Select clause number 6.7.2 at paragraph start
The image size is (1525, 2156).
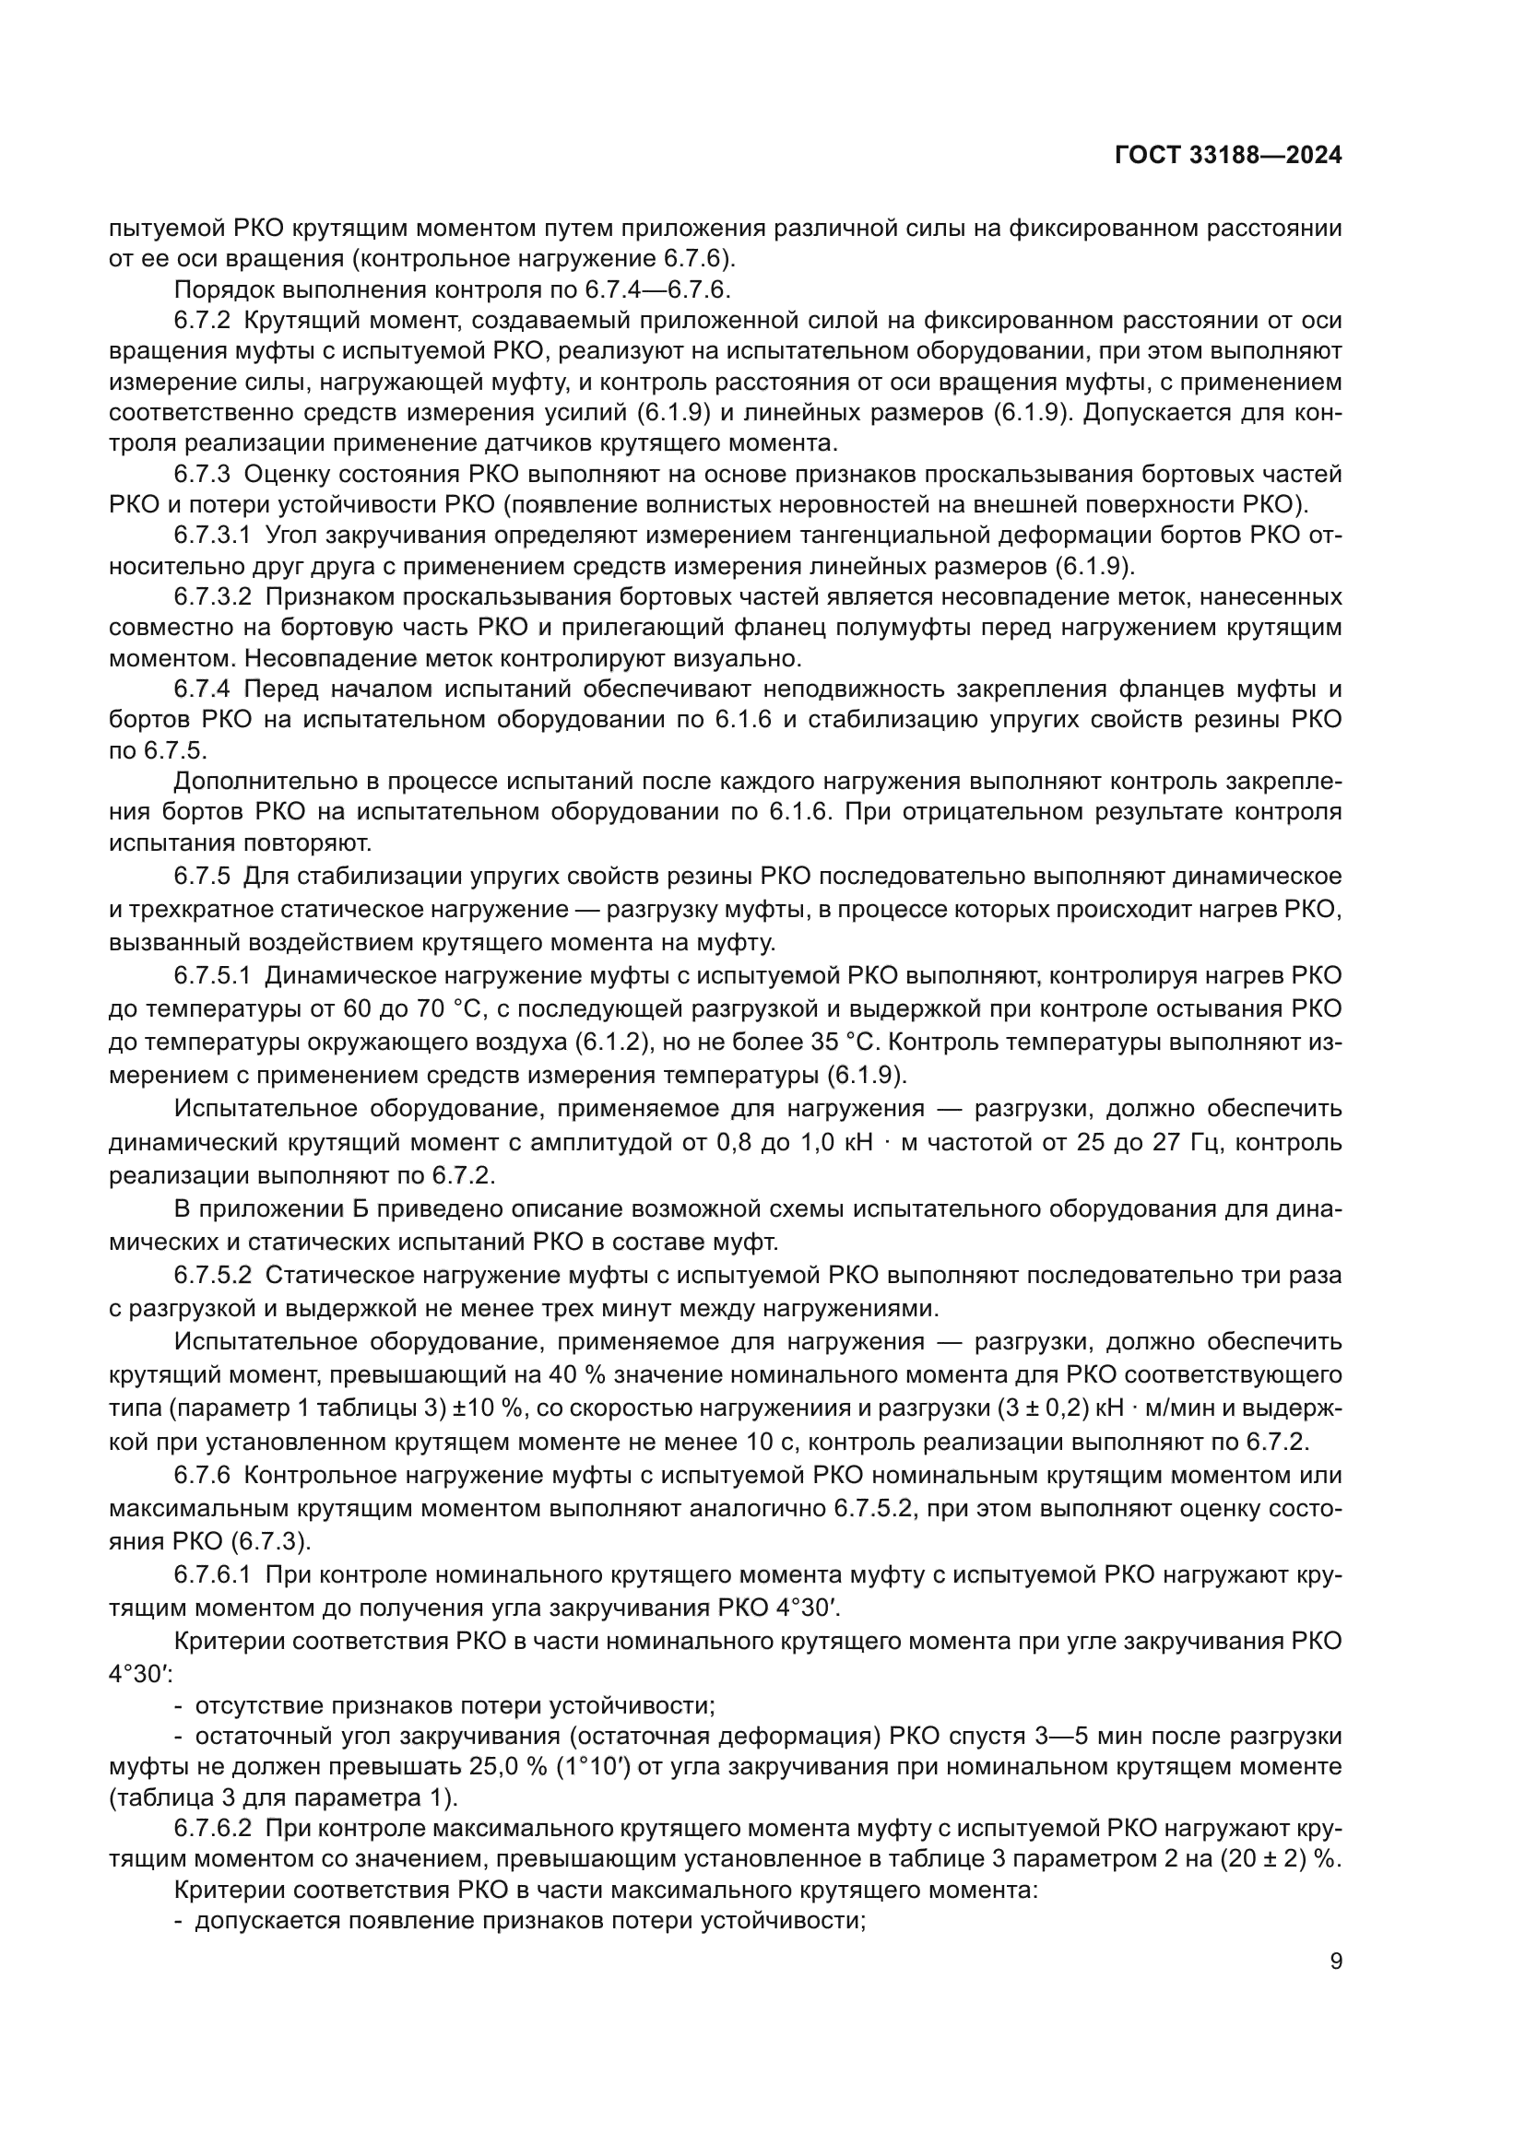[202, 321]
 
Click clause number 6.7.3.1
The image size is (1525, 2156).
[212, 536]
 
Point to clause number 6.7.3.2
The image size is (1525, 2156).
[212, 597]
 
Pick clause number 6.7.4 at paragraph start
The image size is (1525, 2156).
[202, 689]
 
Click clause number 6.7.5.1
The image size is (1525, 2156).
[212, 976]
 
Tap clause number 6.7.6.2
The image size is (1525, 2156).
[212, 1828]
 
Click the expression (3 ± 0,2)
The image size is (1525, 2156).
[974, 1408]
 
